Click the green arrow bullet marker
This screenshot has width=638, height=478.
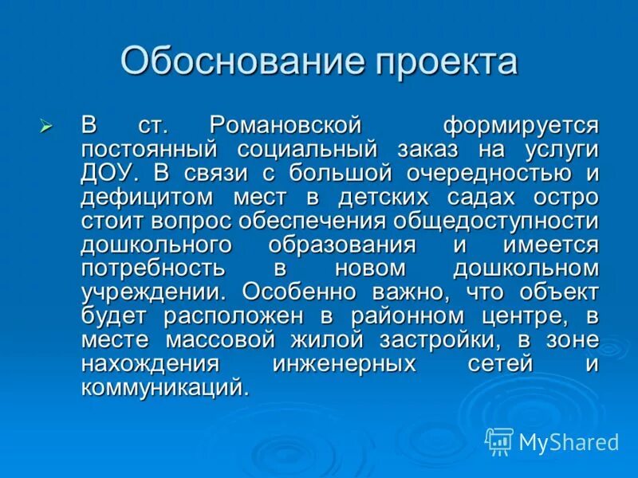coord(45,126)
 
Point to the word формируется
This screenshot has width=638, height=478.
coord(520,126)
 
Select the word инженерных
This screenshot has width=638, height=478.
coord(344,363)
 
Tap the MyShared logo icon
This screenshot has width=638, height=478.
coord(499,441)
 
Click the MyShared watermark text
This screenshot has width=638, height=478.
coord(569,441)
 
